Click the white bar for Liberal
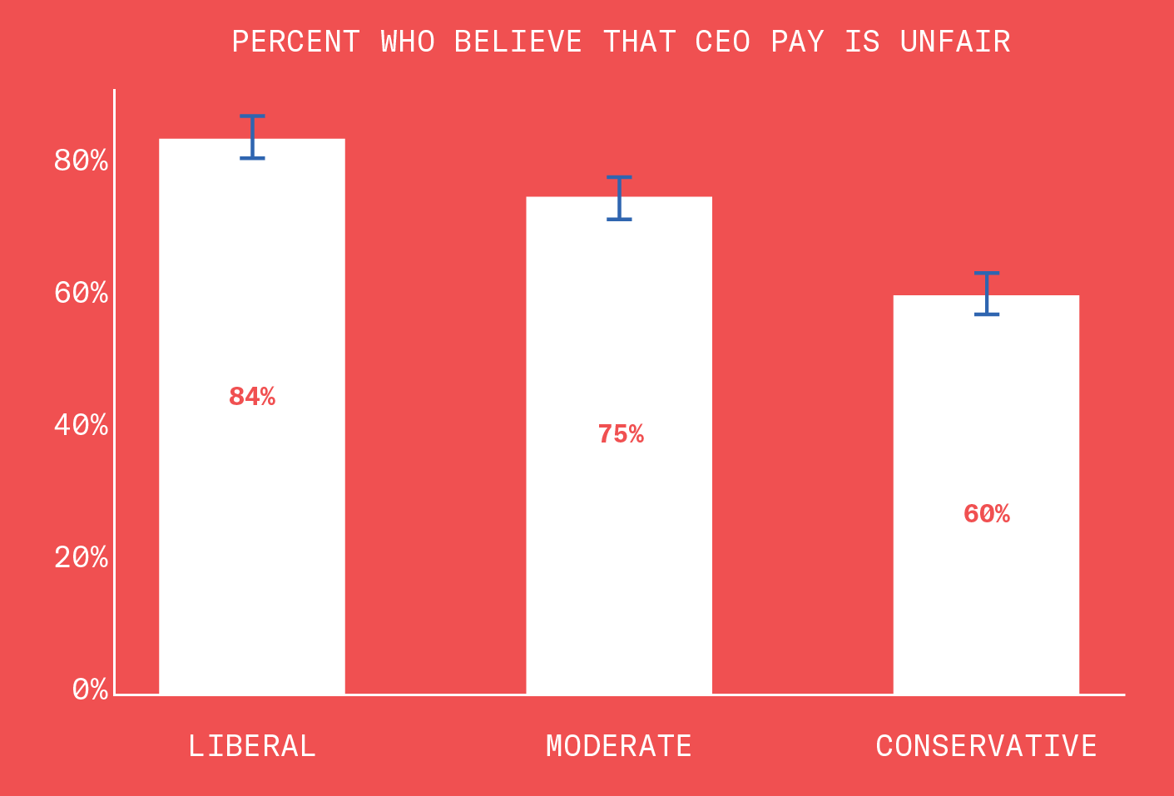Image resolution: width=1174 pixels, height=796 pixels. click(x=251, y=499)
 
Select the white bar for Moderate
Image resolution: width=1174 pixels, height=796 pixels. click(x=619, y=541)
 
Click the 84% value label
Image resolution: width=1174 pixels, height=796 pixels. click(x=252, y=398)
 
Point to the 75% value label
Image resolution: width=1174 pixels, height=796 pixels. click(x=621, y=435)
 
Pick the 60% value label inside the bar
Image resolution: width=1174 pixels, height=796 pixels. click(x=987, y=515)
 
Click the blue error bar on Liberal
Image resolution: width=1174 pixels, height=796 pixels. click(x=252, y=137)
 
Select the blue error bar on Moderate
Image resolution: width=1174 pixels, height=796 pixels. click(x=619, y=198)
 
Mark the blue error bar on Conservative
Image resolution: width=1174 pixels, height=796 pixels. click(x=987, y=294)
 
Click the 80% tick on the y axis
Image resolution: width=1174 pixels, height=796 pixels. click(x=81, y=161)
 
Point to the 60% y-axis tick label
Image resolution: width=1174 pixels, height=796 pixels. click(x=81, y=293)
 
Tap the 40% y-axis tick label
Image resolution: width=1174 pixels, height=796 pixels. click(x=81, y=425)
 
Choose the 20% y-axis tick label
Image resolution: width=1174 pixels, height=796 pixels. click(x=81, y=557)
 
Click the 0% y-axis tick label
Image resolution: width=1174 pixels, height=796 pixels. click(x=90, y=690)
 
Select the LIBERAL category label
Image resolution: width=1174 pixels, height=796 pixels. click(x=252, y=746)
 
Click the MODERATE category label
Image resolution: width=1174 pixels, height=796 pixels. click(x=619, y=746)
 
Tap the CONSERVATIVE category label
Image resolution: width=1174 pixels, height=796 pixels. click(x=986, y=746)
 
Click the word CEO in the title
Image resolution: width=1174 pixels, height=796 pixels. click(x=723, y=42)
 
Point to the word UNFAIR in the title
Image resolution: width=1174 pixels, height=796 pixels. click(x=955, y=42)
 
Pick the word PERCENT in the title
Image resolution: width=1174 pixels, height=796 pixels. click(x=295, y=42)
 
